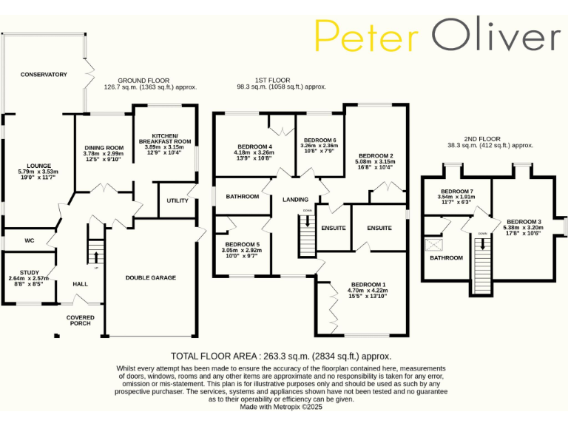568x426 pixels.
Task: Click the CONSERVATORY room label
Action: (44, 75)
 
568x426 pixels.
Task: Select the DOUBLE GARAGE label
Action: (151, 277)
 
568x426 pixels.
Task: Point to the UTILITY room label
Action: (177, 200)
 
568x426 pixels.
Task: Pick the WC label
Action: (30, 240)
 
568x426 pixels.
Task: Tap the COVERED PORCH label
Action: (81, 320)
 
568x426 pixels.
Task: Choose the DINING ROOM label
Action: (104, 147)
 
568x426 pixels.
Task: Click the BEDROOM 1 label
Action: (368, 285)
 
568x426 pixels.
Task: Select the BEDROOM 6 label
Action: (320, 140)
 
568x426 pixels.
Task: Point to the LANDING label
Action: (295, 200)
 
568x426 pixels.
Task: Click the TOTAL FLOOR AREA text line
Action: (281, 356)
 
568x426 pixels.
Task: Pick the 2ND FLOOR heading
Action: (482, 139)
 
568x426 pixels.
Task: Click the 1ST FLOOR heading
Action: (274, 80)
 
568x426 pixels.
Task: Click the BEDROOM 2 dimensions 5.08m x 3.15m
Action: (375, 161)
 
